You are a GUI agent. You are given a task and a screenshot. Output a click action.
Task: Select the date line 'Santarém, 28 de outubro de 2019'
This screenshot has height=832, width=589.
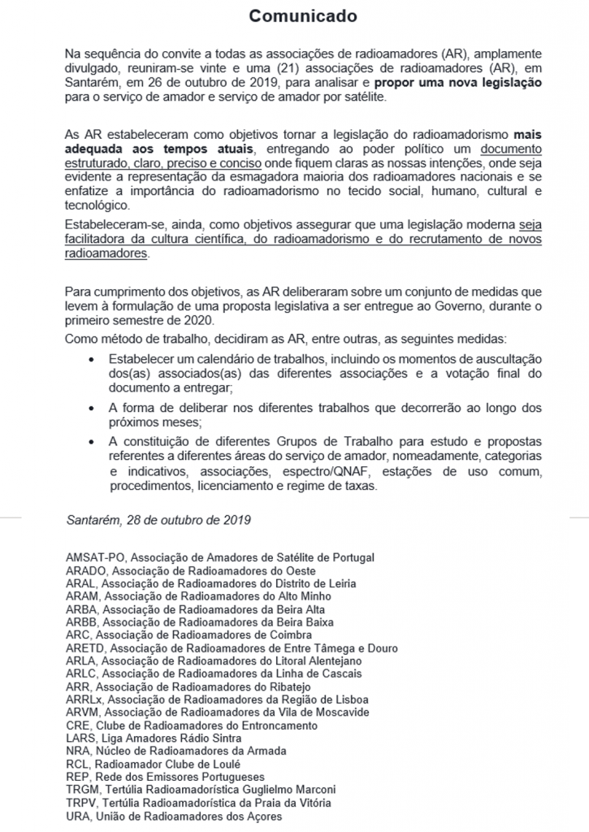coord(158,519)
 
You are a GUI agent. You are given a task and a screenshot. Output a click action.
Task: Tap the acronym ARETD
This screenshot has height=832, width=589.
coord(85,648)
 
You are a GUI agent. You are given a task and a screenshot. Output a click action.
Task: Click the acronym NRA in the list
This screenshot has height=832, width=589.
coord(78,751)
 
